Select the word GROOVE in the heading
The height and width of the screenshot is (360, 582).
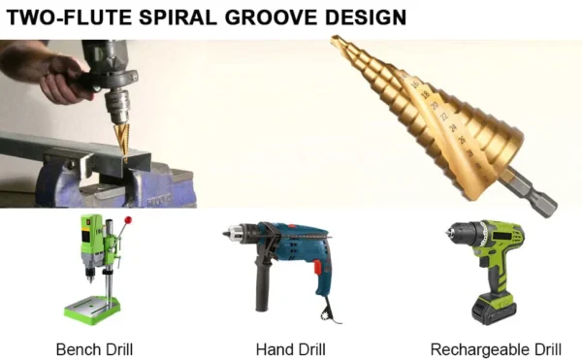point(281,16)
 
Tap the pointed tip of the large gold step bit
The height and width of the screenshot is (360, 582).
point(335,41)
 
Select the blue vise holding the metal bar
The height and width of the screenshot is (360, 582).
point(78,184)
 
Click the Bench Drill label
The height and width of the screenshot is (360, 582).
point(94,348)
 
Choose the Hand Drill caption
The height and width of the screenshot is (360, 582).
point(290,348)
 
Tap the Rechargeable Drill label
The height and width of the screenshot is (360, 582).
point(496,348)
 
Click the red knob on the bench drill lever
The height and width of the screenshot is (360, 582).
point(127,220)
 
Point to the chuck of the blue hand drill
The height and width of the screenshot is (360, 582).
point(238,233)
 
